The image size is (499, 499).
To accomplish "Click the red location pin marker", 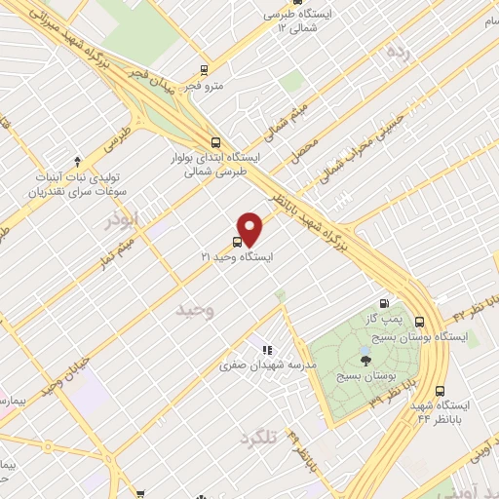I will (252, 228).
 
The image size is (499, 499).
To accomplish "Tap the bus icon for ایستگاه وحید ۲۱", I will (238, 242).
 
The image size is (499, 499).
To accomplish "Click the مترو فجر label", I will (208, 86).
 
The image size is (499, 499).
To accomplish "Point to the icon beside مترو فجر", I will (204, 69).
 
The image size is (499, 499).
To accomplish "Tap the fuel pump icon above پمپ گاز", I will (395, 302).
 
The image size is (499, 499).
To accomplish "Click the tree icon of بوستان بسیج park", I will (365, 357).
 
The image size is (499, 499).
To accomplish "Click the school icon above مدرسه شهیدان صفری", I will (265, 349).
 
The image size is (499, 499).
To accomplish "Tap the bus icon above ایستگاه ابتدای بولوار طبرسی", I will (215, 141).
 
